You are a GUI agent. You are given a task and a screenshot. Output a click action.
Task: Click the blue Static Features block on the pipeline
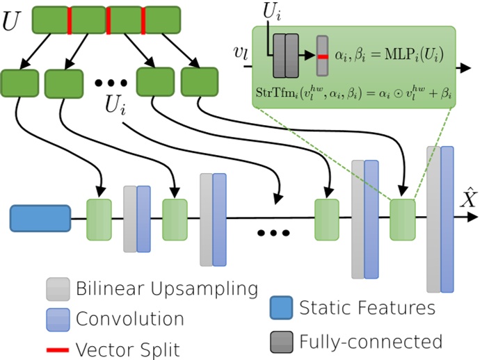(40, 218)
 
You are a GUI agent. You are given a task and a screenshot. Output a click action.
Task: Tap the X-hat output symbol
(467, 201)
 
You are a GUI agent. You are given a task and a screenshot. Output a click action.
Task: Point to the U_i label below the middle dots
(117, 106)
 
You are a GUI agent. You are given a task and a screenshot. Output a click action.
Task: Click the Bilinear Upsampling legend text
(167, 288)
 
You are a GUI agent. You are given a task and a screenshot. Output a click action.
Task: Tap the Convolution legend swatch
(58, 319)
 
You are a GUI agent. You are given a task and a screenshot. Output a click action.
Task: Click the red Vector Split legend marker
(58, 349)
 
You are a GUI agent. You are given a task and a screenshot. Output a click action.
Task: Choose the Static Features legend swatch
(280, 306)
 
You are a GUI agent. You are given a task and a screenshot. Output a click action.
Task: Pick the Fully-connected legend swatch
(280, 341)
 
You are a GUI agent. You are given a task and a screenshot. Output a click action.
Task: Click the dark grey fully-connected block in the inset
(285, 55)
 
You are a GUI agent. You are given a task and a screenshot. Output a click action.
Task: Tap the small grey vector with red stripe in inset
(322, 55)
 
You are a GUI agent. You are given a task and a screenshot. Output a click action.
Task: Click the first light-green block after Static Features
(99, 220)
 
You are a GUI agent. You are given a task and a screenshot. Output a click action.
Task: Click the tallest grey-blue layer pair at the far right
(440, 219)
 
